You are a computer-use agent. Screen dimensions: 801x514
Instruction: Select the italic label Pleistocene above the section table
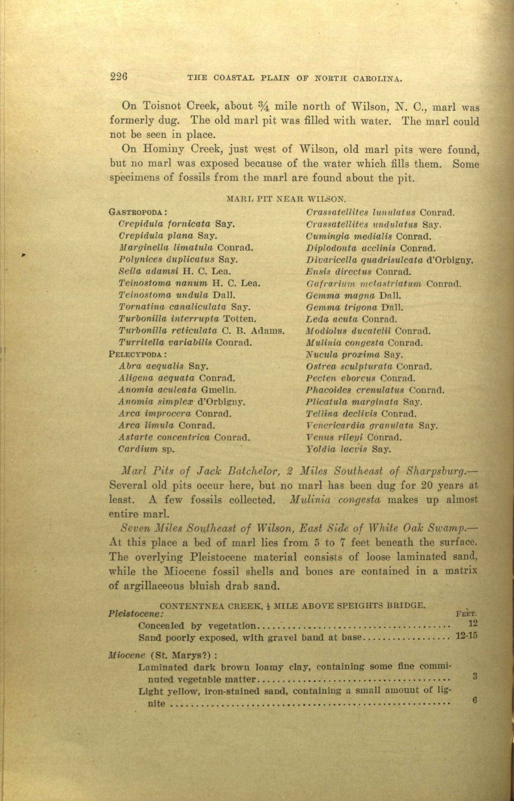(x=135, y=613)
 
